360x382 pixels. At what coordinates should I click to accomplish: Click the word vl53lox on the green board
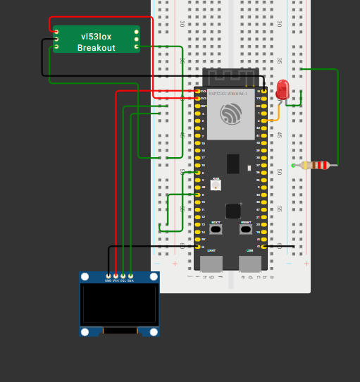[x=96, y=35]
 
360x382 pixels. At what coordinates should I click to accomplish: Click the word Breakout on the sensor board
[x=96, y=47]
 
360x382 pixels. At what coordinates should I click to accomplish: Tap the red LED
[x=283, y=90]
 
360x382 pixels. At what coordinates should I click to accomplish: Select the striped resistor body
[x=315, y=166]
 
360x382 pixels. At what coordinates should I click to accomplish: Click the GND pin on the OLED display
[x=108, y=276]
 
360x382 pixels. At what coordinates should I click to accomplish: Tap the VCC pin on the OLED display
[x=116, y=276]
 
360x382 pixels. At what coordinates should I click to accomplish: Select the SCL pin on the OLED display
[x=123, y=276]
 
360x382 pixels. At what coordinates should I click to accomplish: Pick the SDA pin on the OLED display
[x=130, y=276]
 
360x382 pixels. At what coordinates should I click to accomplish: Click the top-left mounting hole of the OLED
[x=85, y=278]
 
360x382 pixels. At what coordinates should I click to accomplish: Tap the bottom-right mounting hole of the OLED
[x=153, y=331]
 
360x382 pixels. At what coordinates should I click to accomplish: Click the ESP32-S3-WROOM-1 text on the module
[x=231, y=92]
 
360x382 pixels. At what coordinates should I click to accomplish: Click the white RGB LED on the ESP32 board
[x=216, y=185]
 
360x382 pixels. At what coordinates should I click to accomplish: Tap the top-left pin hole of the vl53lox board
[x=56, y=31]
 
